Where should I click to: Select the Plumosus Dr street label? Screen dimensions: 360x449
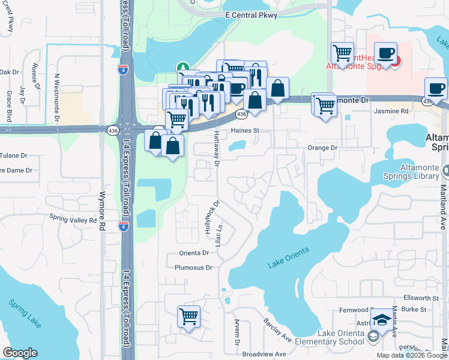click(193, 268)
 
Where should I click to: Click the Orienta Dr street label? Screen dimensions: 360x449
click(193, 253)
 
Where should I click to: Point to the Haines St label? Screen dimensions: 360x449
click(244, 130)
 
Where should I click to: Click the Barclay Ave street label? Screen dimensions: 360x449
click(277, 330)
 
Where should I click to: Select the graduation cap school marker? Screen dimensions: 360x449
click(382, 320)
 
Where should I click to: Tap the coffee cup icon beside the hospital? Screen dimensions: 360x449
click(385, 53)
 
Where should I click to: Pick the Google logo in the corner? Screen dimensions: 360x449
click(20, 353)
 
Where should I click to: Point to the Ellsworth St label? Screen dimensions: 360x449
click(422, 298)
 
